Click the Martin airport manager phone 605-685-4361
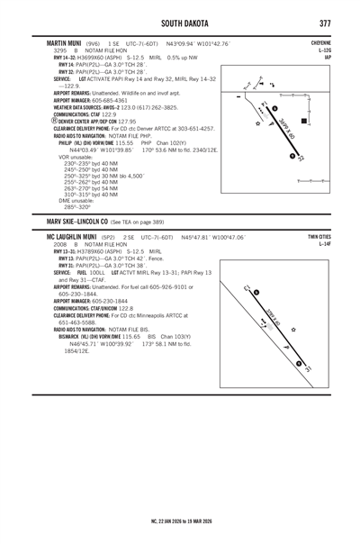point(120,99)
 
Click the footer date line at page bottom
point(180,521)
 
